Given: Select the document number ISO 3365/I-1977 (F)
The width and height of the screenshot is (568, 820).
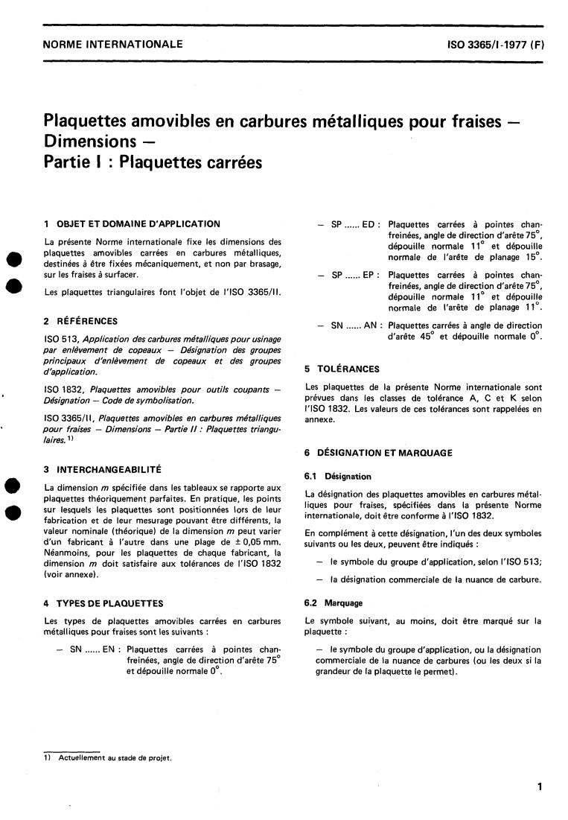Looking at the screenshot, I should (x=496, y=45).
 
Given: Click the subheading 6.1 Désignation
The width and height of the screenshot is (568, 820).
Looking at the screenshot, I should (x=338, y=476).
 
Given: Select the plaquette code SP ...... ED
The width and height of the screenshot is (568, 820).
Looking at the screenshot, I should (x=355, y=224).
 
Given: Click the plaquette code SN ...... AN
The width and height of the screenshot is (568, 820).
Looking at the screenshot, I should (x=355, y=325).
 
